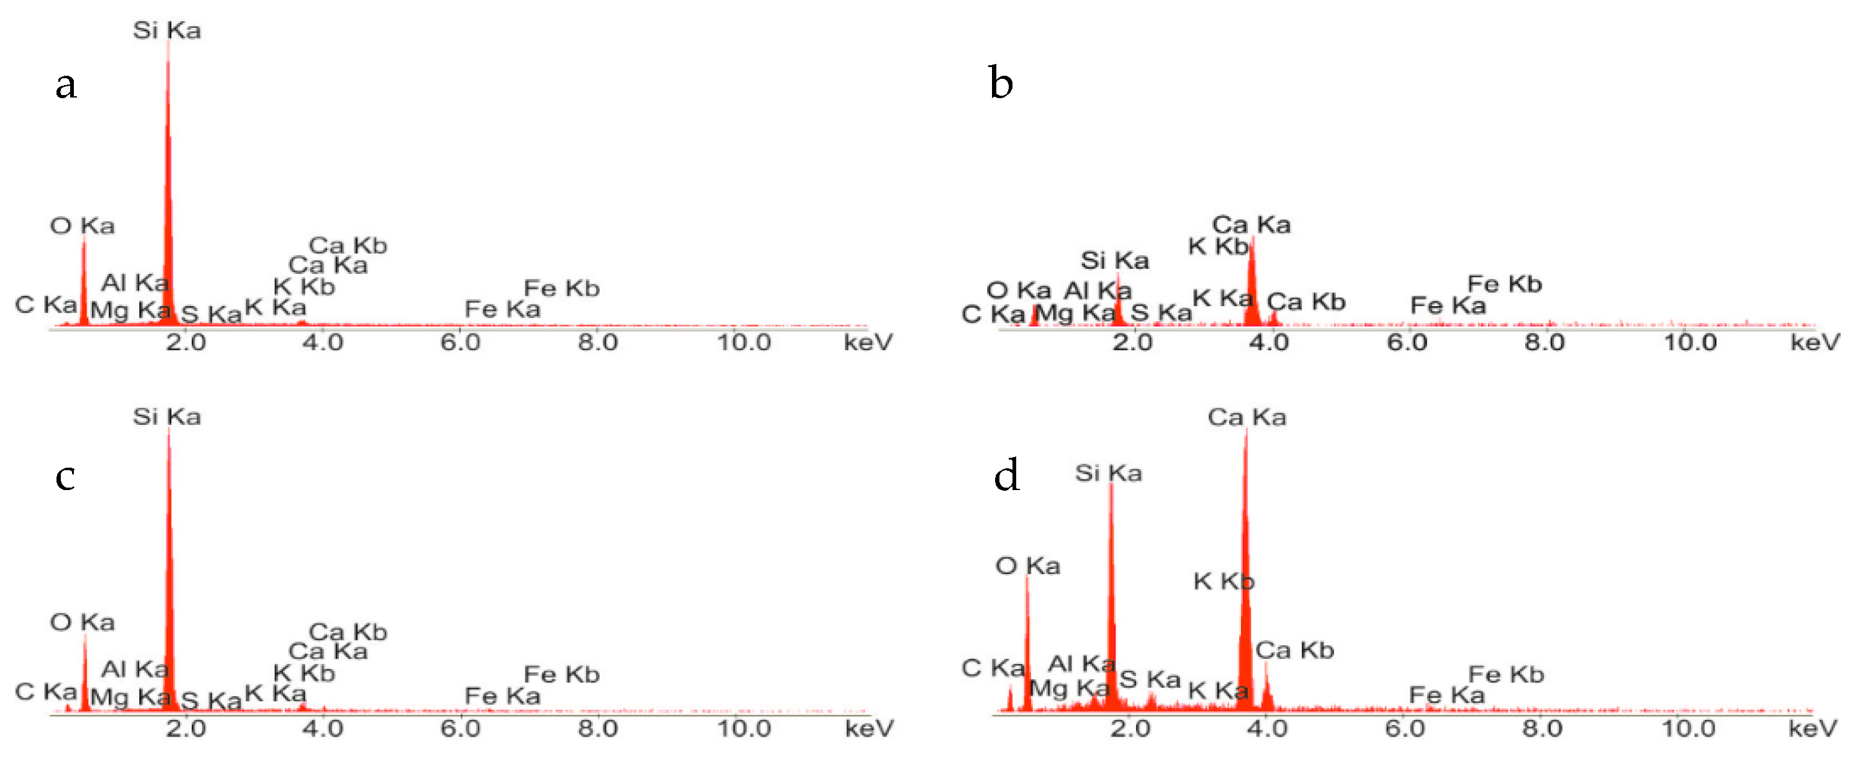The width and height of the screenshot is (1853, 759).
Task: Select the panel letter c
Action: click(65, 477)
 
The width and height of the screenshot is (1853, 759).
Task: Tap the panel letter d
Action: click(1006, 476)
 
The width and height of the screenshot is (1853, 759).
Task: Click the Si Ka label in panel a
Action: click(167, 31)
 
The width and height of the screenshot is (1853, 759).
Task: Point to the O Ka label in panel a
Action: click(82, 226)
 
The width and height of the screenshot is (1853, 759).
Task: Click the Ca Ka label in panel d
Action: click(1247, 417)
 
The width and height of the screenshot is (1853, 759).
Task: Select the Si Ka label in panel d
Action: click(1109, 473)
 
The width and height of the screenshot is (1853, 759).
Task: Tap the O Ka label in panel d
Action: click(1027, 566)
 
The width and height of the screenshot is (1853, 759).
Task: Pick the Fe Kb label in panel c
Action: click(561, 675)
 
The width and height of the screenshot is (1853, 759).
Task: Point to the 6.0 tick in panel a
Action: click(461, 342)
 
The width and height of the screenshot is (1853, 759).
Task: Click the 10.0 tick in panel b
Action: click(1690, 342)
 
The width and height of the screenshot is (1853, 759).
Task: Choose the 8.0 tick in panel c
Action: click(597, 729)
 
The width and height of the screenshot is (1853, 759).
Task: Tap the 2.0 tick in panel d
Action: click(1130, 729)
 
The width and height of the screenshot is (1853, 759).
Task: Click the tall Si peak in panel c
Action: click(169, 576)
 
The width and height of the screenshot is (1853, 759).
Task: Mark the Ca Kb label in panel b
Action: click(1305, 302)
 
